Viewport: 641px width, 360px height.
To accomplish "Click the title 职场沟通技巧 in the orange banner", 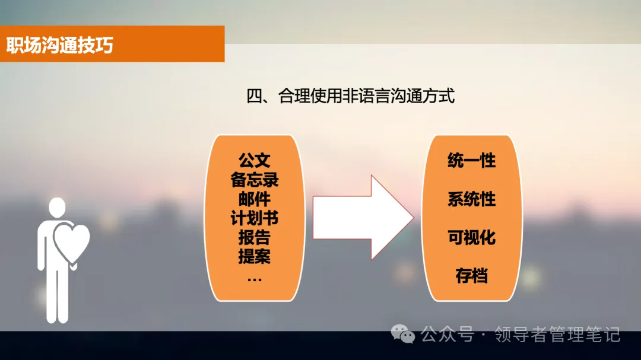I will coord(59,45).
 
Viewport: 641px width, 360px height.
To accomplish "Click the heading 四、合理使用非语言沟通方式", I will coord(350,96).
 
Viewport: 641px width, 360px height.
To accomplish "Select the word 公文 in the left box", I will coord(254,160).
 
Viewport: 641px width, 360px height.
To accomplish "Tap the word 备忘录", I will coord(254,179).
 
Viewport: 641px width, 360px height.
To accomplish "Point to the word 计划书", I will coord(254,218).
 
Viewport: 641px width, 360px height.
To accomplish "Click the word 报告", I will coord(254,237).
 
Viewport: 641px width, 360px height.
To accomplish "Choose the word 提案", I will coord(254,256).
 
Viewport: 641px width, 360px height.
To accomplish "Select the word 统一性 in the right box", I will coord(471,160).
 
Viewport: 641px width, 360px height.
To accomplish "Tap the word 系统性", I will coord(471,199).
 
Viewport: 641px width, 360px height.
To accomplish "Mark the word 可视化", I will coord(471,237).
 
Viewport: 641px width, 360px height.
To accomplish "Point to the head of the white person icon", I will coord(57,207).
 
